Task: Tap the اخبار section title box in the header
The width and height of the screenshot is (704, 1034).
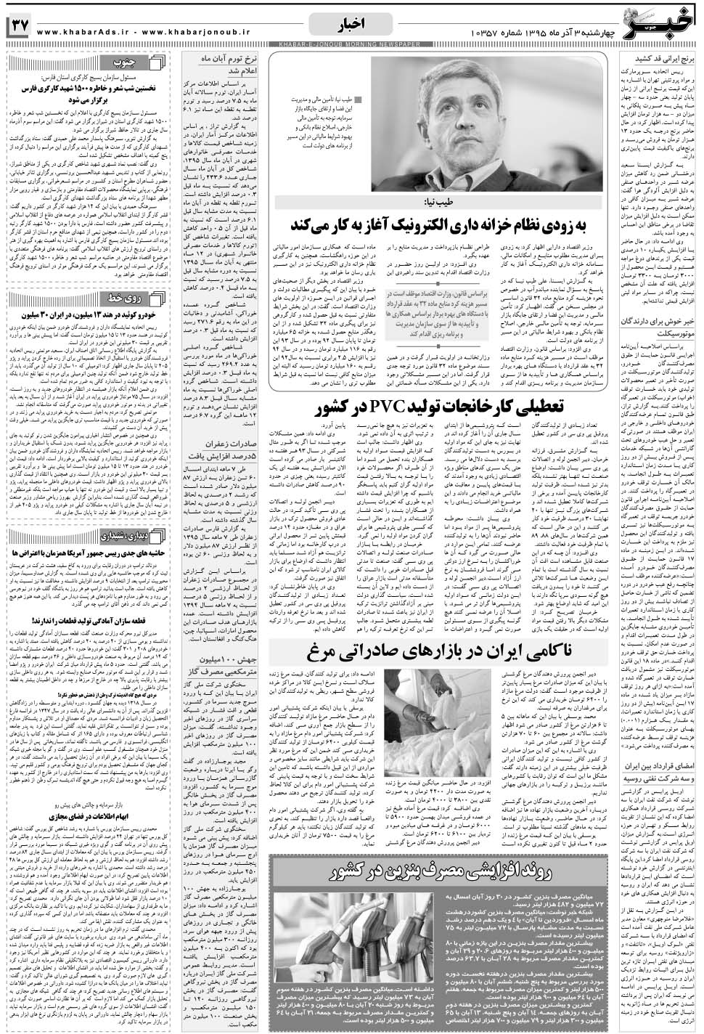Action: tap(351, 26)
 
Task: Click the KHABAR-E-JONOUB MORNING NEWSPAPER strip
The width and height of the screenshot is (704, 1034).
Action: tap(351, 46)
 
